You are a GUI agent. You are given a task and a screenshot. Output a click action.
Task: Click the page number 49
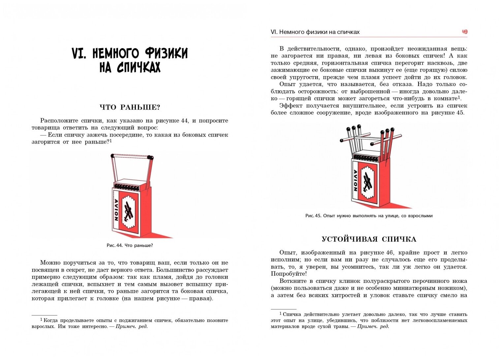[464, 32]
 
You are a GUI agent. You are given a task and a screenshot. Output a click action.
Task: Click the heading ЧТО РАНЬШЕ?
[130, 107]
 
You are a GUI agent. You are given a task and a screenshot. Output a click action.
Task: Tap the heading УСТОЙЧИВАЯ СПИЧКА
[369, 239]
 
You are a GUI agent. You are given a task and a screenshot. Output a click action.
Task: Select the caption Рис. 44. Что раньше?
[130, 246]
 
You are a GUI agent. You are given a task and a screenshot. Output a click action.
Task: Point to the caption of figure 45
[369, 216]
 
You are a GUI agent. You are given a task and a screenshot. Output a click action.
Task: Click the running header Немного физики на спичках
[315, 32]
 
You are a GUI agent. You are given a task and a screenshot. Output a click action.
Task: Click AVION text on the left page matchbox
[116, 210]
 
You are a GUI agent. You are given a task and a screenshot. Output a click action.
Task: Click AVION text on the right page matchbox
[355, 180]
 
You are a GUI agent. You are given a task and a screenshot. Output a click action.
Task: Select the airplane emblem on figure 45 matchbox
[368, 182]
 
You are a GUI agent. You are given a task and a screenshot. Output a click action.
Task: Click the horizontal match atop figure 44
[131, 157]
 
